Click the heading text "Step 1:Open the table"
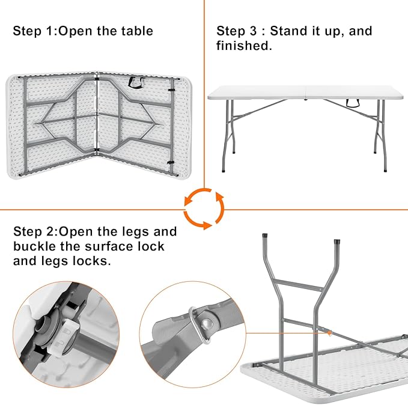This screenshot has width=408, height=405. point(83,31)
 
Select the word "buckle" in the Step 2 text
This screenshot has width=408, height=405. point(35,246)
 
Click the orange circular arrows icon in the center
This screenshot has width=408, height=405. point(204,209)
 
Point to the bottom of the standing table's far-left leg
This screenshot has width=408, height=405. point(225,172)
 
